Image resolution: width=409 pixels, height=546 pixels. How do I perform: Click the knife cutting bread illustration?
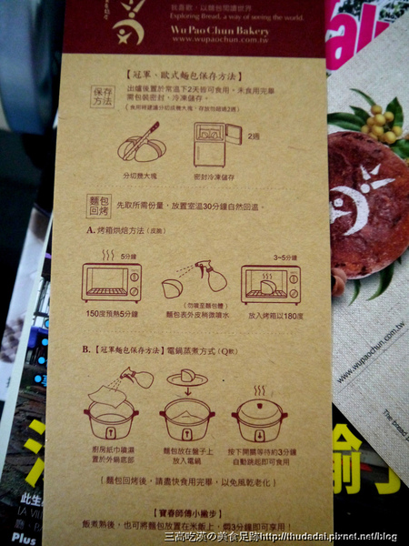coord(141,143)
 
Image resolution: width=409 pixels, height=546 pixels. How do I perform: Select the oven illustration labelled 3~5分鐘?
coord(271,282)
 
